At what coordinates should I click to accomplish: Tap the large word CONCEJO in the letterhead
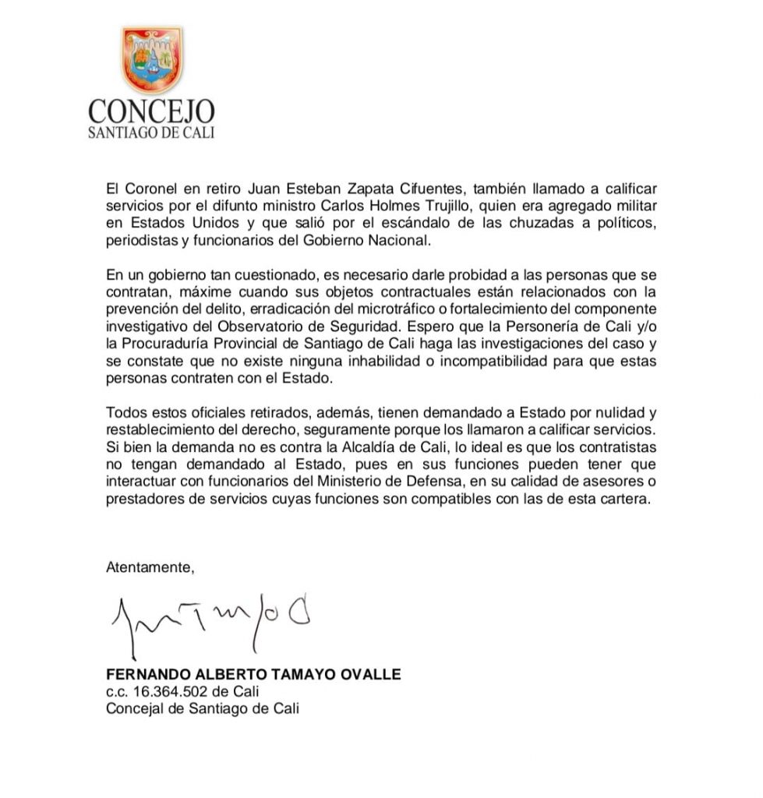tap(152, 111)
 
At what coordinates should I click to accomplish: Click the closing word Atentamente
tap(150, 567)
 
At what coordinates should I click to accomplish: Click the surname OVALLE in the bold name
tap(371, 674)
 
